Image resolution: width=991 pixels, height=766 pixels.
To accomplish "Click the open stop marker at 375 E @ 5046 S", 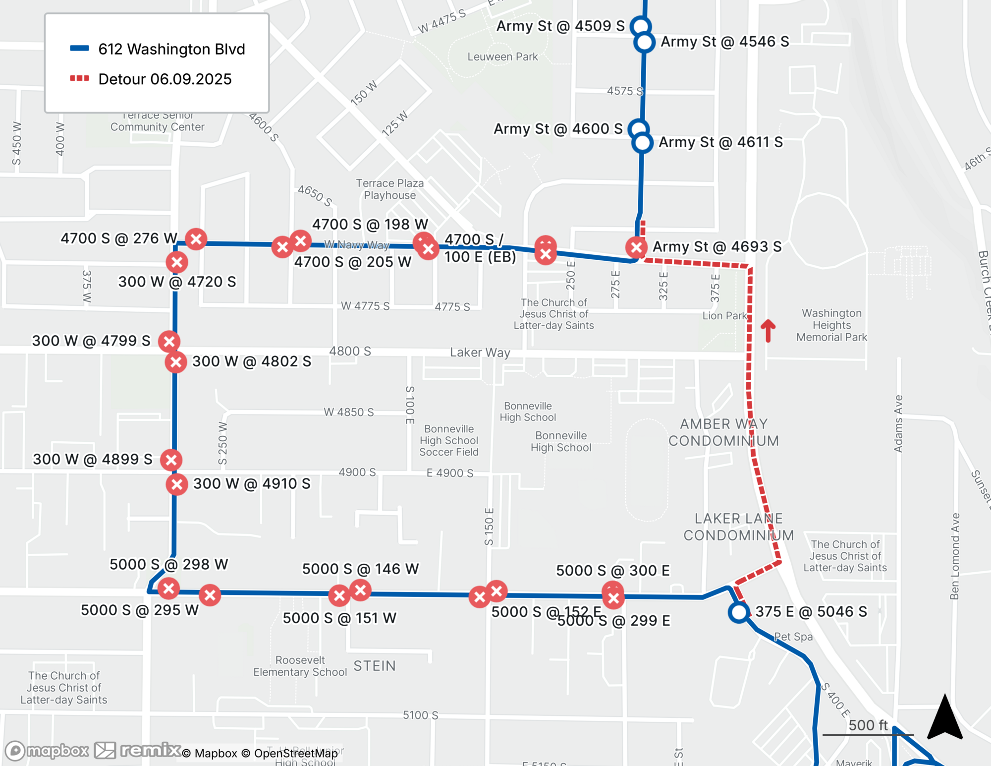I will pos(738,612).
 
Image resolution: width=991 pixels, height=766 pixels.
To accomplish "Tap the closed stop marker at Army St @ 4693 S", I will pos(636,247).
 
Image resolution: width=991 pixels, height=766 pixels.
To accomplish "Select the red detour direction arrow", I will pos(768,330).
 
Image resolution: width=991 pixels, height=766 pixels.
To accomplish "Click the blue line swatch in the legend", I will pos(79,49).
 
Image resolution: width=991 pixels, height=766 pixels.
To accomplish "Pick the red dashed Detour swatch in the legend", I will pos(79,78).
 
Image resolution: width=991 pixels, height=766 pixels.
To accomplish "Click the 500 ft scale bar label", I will pos(868,725).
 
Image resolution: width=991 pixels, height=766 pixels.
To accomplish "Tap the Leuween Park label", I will pos(502,57).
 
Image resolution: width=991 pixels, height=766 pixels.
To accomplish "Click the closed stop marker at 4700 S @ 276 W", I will pos(196,239).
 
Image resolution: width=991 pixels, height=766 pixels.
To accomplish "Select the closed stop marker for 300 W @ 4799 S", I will pos(169,342).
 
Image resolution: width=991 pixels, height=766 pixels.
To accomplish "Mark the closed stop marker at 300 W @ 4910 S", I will pos(177,484).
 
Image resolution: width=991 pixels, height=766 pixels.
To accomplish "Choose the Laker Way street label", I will pos(480,353).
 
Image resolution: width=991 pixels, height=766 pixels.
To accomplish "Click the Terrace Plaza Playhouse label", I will pos(389,189).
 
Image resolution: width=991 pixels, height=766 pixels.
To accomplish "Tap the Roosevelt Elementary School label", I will pos(300,666).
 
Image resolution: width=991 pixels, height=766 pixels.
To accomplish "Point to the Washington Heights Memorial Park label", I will pos(831,325).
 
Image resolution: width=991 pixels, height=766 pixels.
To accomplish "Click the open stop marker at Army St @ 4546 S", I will pos(644,43).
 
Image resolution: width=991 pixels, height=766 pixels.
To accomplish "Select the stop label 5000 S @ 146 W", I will pos(360,569).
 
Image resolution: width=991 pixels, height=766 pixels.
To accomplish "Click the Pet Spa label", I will pos(793,637).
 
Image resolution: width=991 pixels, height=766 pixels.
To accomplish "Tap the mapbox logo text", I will pos(57,751).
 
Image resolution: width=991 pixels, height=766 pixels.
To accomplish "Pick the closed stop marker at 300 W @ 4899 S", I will pos(171,460).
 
